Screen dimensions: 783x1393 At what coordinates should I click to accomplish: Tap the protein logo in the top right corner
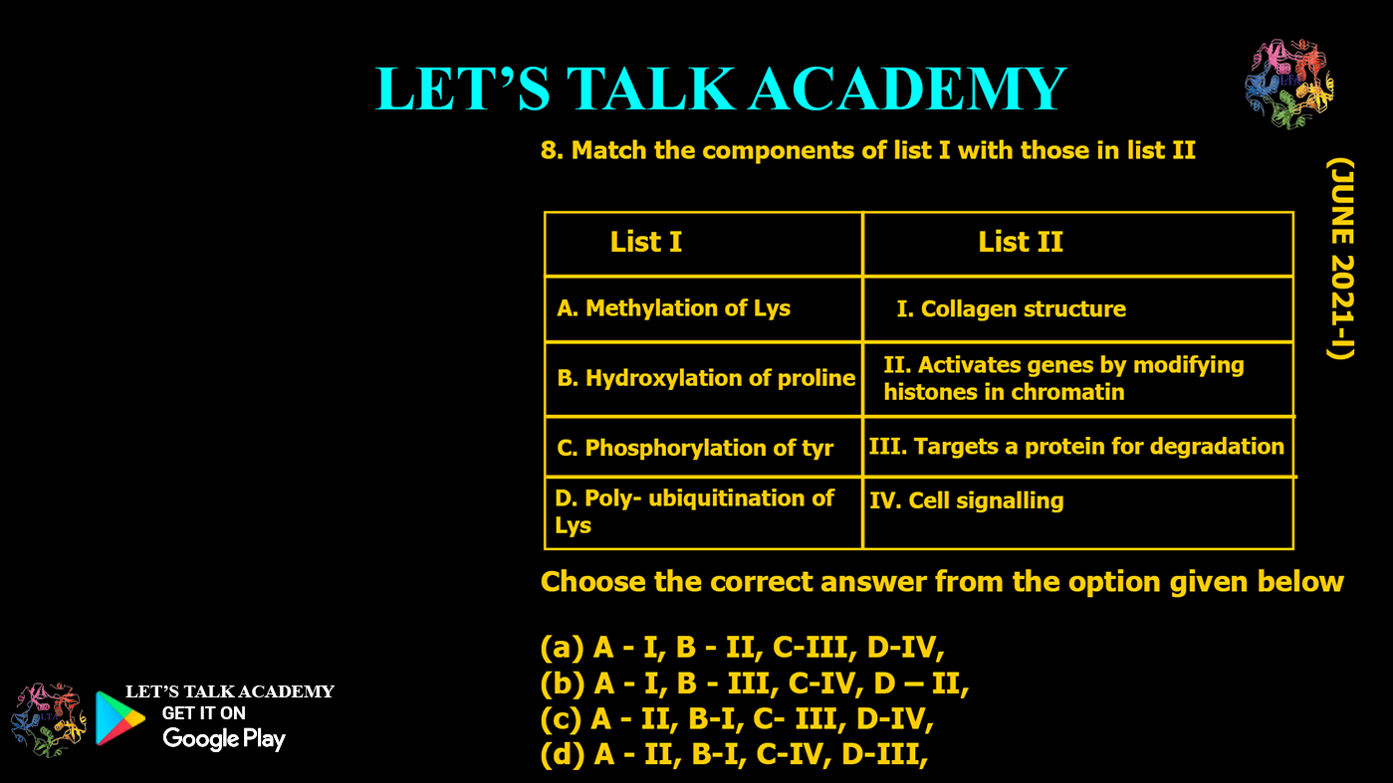(x=1288, y=85)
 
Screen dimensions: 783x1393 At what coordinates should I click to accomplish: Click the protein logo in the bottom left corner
(x=49, y=719)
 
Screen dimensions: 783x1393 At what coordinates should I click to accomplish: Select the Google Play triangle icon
(x=118, y=718)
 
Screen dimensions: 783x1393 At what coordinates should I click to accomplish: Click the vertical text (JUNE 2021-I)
(x=1342, y=258)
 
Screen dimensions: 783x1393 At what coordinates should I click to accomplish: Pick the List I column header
(x=645, y=243)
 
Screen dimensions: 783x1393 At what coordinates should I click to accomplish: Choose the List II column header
(x=1021, y=243)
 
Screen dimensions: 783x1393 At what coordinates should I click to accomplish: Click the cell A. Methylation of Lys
(x=673, y=308)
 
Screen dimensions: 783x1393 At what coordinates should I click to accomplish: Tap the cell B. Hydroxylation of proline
(x=706, y=378)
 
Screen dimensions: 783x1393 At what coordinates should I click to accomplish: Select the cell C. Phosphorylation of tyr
(x=695, y=448)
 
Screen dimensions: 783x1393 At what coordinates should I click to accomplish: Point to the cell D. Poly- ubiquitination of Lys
(x=694, y=511)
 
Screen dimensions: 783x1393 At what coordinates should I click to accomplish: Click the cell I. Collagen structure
(x=1011, y=309)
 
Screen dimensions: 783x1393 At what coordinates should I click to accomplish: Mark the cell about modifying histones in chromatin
(x=1062, y=378)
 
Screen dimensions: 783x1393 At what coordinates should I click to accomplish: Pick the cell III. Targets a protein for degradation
(x=1076, y=447)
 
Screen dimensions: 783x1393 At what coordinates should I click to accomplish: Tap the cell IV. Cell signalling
(x=966, y=501)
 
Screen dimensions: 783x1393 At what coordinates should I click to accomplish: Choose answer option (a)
(x=742, y=649)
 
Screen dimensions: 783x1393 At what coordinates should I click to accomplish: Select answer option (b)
(x=755, y=685)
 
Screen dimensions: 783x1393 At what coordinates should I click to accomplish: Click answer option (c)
(x=737, y=719)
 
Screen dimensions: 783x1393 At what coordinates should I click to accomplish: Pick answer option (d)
(x=734, y=755)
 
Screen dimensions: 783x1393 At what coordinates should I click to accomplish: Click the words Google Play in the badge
(x=224, y=738)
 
